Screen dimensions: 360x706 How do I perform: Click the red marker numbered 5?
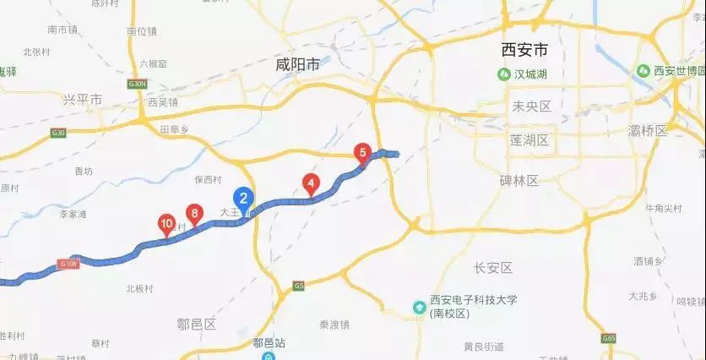(363, 153)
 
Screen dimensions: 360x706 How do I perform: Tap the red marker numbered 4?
(312, 183)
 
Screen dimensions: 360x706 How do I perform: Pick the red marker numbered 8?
(195, 215)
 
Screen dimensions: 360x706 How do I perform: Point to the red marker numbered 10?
(166, 225)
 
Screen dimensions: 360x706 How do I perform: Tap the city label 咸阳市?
(298, 63)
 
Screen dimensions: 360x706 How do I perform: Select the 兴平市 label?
(82, 100)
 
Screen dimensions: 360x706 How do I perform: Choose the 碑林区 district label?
(519, 180)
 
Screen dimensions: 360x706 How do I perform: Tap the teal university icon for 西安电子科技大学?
(418, 306)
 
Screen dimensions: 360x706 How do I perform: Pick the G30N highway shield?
(138, 85)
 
